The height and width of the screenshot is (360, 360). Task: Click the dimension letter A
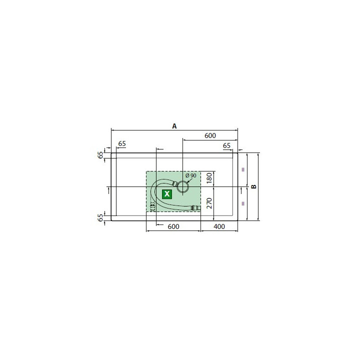[x=174, y=126]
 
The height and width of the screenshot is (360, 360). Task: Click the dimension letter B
[x=254, y=186]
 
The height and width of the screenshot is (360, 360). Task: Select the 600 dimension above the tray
[x=210, y=135]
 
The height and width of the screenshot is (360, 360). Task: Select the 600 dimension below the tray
[x=173, y=226]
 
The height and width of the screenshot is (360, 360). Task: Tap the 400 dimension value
[x=219, y=226]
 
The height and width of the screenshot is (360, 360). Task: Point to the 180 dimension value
[x=209, y=178]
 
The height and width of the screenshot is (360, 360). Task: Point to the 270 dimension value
[x=209, y=203]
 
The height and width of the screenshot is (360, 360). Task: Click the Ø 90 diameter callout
[x=190, y=175]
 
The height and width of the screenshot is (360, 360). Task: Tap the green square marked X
[x=167, y=194]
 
